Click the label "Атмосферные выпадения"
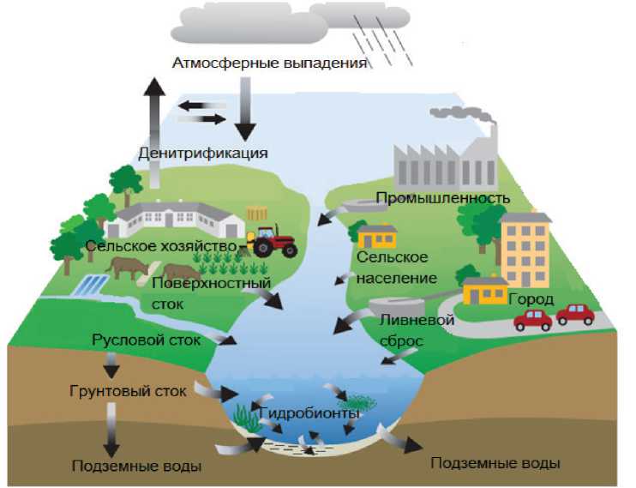(x=270, y=63)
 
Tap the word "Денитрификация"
(x=203, y=154)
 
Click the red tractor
(x=273, y=242)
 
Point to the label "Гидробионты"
(x=309, y=413)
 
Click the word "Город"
(x=531, y=300)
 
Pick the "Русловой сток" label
(x=146, y=340)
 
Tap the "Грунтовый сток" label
(x=127, y=392)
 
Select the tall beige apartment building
(x=525, y=248)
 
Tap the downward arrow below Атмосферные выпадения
(x=246, y=110)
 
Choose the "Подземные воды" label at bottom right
(x=495, y=463)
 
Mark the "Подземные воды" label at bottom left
(x=138, y=467)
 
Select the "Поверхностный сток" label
(x=211, y=292)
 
